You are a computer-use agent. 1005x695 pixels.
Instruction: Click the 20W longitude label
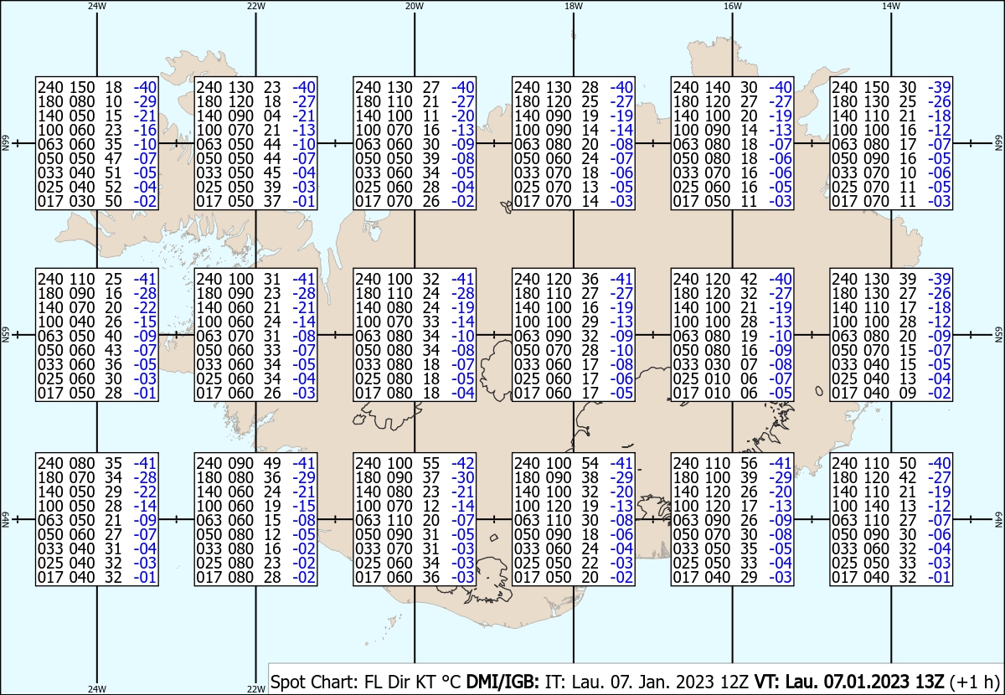415,7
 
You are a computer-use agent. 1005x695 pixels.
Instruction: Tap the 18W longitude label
574,7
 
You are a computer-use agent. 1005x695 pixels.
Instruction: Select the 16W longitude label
732,7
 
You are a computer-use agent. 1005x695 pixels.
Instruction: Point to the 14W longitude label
891,7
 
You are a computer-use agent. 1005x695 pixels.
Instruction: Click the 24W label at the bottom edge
97,689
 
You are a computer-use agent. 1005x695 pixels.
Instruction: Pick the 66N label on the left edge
5,143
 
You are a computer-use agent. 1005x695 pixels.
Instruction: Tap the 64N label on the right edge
998,519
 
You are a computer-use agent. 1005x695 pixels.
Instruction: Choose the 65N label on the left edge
5,335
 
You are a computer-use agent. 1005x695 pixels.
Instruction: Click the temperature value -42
463,463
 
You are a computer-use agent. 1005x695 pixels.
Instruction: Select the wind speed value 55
431,463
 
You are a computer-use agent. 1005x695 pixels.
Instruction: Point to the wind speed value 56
749,463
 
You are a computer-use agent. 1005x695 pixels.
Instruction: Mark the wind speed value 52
114,187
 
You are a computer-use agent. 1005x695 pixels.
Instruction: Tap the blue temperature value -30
463,477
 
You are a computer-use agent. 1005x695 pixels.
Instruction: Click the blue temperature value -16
146,130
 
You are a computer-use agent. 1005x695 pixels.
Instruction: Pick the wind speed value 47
114,158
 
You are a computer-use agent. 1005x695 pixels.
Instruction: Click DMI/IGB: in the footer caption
502,682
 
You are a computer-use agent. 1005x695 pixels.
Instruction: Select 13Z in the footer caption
928,682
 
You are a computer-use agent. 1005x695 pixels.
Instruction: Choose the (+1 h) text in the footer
975,682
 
